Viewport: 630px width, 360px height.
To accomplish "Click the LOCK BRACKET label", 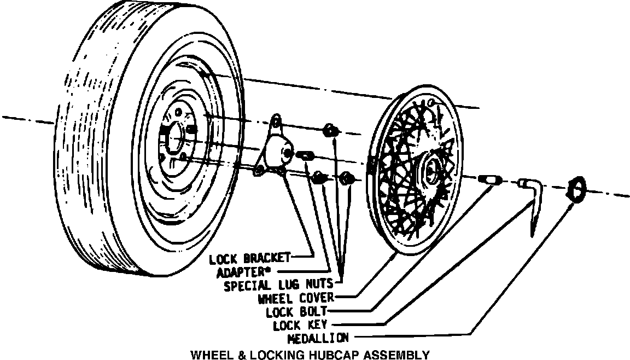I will click(251, 258).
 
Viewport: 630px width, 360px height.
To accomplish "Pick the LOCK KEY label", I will click(300, 326).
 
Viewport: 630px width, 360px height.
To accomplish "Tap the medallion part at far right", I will click(574, 189).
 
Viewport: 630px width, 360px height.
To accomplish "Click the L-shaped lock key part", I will click(533, 197).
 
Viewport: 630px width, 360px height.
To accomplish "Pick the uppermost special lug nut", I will click(330, 130).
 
